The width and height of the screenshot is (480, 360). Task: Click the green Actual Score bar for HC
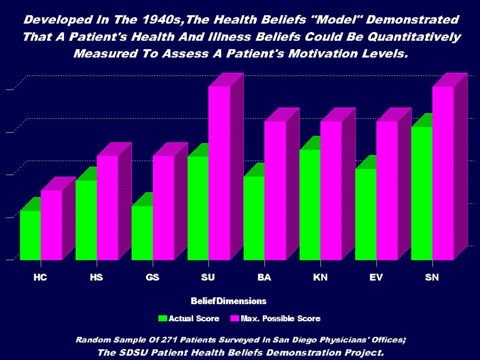(x=30, y=235)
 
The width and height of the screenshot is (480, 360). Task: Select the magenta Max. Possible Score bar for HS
(x=107, y=208)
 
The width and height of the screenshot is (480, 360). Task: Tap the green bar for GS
(x=142, y=233)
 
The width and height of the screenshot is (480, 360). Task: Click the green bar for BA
(x=254, y=218)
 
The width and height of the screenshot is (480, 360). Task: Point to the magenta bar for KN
(x=331, y=191)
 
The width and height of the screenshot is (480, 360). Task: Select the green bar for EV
(x=366, y=214)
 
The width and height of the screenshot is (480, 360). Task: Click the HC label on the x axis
(x=40, y=277)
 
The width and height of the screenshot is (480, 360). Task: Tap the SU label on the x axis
(x=209, y=277)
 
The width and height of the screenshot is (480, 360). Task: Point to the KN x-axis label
(x=320, y=277)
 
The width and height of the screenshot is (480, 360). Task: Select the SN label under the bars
(x=432, y=277)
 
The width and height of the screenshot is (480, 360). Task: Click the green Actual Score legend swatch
(x=163, y=318)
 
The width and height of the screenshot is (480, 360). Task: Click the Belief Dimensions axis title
(x=228, y=301)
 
